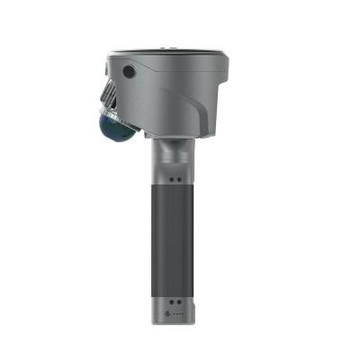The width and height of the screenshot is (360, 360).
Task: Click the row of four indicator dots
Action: pyautogui.click(x=176, y=314)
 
